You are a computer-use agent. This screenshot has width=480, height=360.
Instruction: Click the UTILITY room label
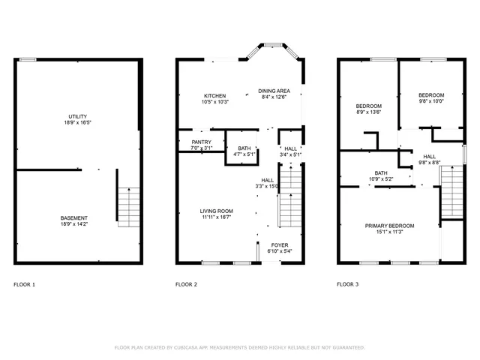pyautogui.click(x=78, y=116)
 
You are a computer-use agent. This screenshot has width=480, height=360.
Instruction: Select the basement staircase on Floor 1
pyautogui.click(x=128, y=202)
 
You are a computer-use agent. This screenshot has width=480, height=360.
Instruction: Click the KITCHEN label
pyautogui.click(x=215, y=96)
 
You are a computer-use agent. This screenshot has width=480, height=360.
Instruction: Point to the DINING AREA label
pyautogui.click(x=274, y=91)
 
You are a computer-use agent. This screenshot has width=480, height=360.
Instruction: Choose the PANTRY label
pyautogui.click(x=201, y=142)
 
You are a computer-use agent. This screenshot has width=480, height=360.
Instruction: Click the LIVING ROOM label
pyautogui.click(x=216, y=211)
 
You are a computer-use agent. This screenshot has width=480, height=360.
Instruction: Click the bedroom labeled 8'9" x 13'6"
pyautogui.click(x=368, y=106)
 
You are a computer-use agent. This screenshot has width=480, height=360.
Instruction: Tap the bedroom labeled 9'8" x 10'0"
pyautogui.click(x=431, y=95)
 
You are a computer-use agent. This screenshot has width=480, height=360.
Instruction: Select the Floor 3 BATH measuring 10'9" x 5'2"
pyautogui.click(x=381, y=173)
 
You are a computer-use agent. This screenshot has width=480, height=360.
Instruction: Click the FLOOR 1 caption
pyautogui.click(x=24, y=285)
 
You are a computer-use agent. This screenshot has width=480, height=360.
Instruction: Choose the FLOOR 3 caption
pyautogui.click(x=347, y=285)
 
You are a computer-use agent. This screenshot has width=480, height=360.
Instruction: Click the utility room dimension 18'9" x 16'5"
pyautogui.click(x=78, y=121)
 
